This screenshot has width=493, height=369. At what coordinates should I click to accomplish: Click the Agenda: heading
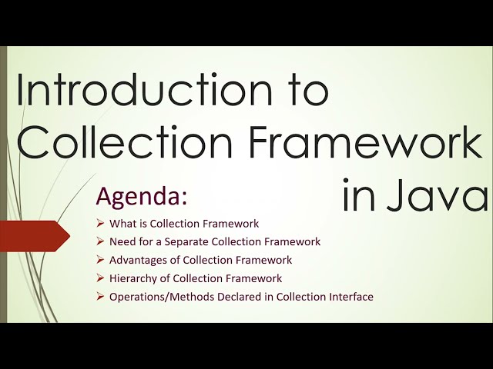click(x=141, y=196)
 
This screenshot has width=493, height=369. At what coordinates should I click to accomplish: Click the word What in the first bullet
click(x=122, y=224)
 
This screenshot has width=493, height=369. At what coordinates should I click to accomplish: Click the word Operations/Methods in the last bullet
click(x=159, y=297)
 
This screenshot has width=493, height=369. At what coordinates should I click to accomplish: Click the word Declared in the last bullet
click(x=233, y=297)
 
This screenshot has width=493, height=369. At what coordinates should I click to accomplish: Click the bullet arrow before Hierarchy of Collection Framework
click(x=100, y=278)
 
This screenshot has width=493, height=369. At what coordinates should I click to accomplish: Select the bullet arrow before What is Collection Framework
click(x=100, y=224)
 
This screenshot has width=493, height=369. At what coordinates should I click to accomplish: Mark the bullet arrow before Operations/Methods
click(x=100, y=297)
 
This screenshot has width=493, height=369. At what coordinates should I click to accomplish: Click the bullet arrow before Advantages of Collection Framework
click(x=100, y=260)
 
